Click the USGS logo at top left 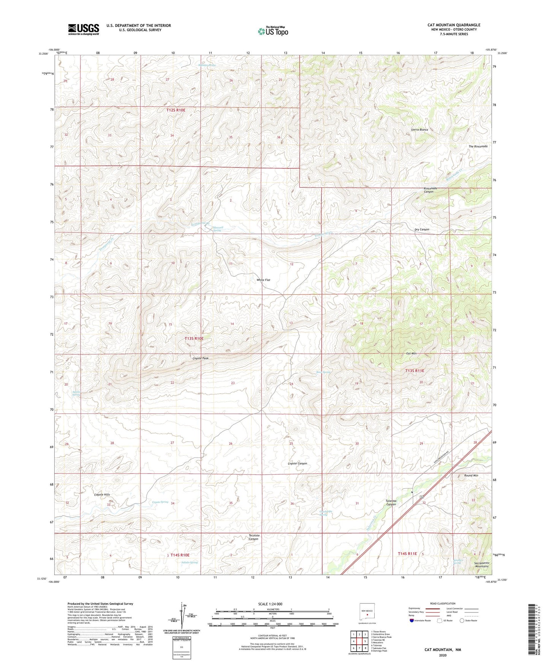point(84,29)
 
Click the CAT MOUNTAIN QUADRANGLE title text point(454,25)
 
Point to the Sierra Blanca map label point(419,130)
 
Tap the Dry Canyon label point(422,229)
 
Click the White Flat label point(263,280)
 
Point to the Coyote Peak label point(200,358)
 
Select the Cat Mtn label point(411,354)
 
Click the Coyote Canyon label point(297,463)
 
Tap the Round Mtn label point(471,475)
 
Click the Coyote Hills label point(102,495)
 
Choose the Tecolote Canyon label point(254,537)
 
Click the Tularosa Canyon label point(391,503)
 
